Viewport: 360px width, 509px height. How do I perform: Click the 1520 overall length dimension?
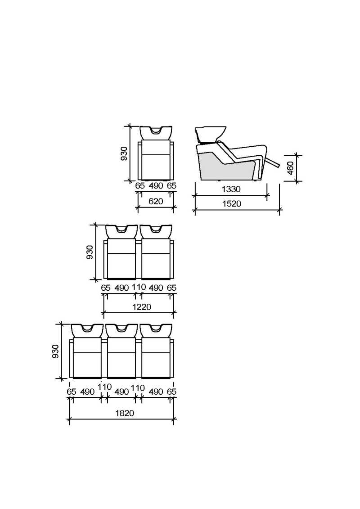coord(232,204)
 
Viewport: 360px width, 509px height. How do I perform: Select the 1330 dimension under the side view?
coord(231,189)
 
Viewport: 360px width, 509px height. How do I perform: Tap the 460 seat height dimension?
coord(291,168)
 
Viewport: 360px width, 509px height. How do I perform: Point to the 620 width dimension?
coord(156,202)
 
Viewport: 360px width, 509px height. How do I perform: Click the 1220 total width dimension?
coord(142,307)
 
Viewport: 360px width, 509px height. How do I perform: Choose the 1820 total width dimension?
coord(125,413)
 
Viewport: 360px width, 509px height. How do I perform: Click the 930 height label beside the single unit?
coord(124,153)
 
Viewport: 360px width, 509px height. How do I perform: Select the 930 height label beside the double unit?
coord(90,252)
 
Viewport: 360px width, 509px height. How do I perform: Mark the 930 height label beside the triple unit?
coord(55,351)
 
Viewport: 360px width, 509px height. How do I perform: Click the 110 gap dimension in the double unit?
coord(139,287)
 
